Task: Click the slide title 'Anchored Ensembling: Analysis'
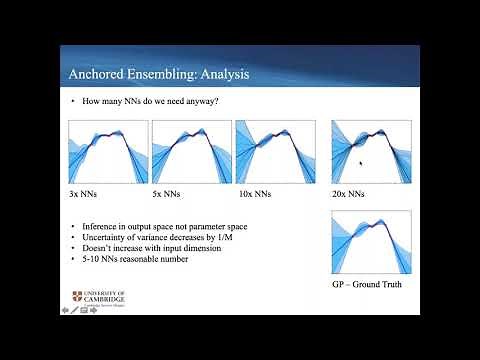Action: coord(157,73)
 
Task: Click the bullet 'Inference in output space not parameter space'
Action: coord(158,227)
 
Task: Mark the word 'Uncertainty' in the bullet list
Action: coord(102,237)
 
